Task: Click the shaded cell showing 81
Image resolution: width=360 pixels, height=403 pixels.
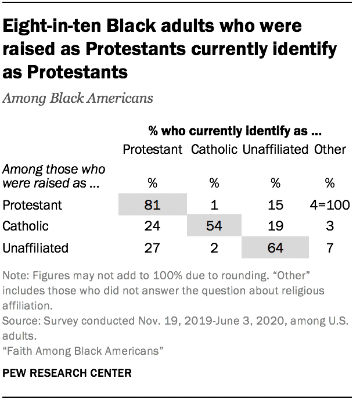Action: tap(153, 205)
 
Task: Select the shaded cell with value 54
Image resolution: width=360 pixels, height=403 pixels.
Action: tap(214, 226)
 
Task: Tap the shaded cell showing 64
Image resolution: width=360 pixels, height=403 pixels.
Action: tap(275, 248)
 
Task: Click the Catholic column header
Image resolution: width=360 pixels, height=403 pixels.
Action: tap(214, 149)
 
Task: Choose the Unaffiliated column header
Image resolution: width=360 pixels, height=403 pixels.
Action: tap(275, 149)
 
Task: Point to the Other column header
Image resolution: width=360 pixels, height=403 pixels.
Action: tap(330, 149)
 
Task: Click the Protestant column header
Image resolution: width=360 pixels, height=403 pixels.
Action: tap(153, 149)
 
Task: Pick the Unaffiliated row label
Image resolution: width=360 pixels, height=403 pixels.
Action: tap(35, 248)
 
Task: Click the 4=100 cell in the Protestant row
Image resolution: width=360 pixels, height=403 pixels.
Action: tap(330, 205)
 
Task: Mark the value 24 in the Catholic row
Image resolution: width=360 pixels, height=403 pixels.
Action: tap(153, 226)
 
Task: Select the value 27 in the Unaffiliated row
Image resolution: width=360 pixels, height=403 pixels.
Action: tap(153, 248)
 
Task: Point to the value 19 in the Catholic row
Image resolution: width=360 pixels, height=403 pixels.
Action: tap(275, 226)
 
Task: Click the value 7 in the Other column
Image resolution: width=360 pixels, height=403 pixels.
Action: tap(330, 248)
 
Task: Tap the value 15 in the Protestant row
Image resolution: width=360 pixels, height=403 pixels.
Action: tap(275, 205)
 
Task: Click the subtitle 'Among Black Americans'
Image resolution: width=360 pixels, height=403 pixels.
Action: tap(78, 98)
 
